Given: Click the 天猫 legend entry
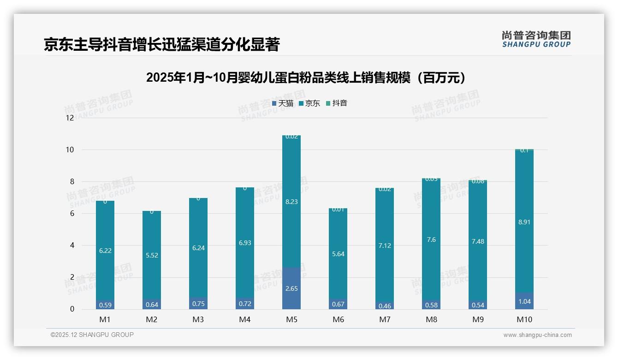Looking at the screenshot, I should tap(283, 103).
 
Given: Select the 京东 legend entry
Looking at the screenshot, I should tap(309, 103).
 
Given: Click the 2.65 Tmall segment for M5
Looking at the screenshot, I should tap(291, 288).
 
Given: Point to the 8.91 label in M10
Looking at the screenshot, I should tap(524, 222).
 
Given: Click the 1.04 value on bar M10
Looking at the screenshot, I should tap(524, 301).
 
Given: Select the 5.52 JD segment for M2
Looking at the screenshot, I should tap(151, 255).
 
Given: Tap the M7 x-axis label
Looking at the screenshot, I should tap(385, 319).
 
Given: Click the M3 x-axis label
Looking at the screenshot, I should tap(198, 319).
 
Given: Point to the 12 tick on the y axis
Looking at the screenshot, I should tap(70, 118).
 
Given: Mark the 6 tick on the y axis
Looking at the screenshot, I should tap(71, 213).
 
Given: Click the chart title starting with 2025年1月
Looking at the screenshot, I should tap(305, 78).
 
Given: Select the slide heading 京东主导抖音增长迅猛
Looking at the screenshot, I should tap(161, 44).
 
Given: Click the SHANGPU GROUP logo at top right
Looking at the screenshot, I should tap(536, 39).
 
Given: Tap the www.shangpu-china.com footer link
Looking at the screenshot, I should tap(537, 335).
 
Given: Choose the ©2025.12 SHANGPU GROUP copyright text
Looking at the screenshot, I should tap(92, 335).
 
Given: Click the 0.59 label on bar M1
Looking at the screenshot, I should tap(105, 305).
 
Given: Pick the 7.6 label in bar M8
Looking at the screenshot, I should tap(431, 240).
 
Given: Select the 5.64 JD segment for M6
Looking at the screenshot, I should tap(338, 254).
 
